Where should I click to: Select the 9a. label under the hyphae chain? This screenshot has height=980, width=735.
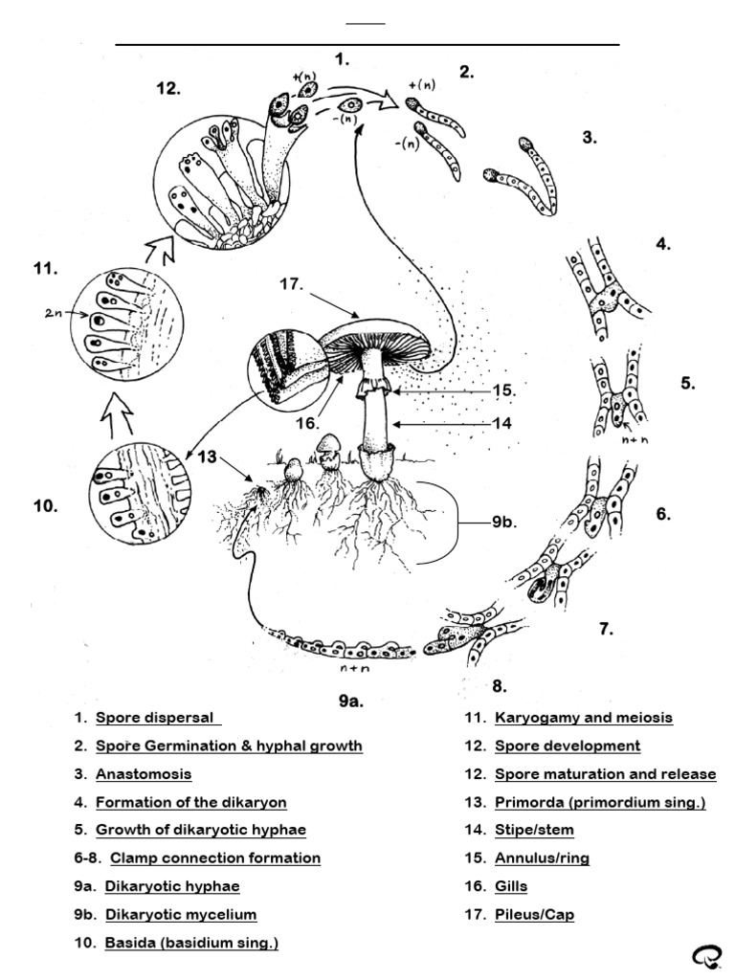coord(351,701)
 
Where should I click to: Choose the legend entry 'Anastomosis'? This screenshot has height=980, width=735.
coord(144,774)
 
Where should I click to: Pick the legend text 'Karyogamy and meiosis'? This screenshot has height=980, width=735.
coord(584,718)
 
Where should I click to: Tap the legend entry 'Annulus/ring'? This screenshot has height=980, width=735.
coord(542,858)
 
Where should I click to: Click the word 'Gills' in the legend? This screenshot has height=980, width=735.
coord(511,887)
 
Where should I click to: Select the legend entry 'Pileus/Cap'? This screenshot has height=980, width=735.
coord(534,915)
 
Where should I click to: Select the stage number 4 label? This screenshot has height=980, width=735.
coord(663,244)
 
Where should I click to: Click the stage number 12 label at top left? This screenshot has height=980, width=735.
coord(169,89)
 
